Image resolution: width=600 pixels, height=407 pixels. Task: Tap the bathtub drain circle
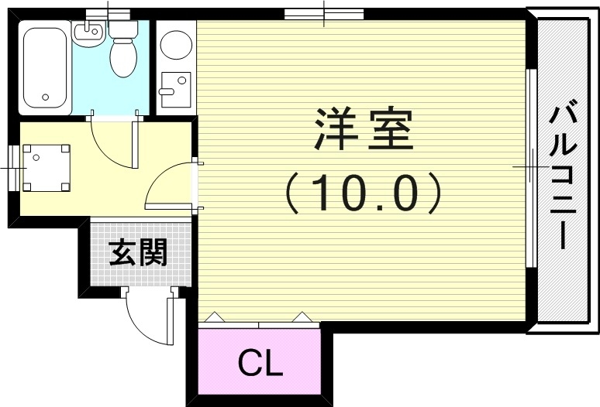click(x=46, y=97)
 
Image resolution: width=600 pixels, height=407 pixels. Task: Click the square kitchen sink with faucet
click(x=176, y=85)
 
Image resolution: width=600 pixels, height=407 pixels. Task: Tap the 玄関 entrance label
click(x=138, y=252)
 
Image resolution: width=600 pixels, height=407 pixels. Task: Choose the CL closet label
click(x=260, y=361)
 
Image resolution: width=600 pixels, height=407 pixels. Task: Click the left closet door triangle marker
click(x=215, y=317)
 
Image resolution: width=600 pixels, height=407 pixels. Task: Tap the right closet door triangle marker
click(x=300, y=317)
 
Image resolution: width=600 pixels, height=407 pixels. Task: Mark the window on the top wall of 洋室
click(x=323, y=12)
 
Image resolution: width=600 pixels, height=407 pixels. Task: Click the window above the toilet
click(x=108, y=12)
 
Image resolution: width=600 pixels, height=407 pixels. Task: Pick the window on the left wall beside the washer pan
click(x=13, y=166)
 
